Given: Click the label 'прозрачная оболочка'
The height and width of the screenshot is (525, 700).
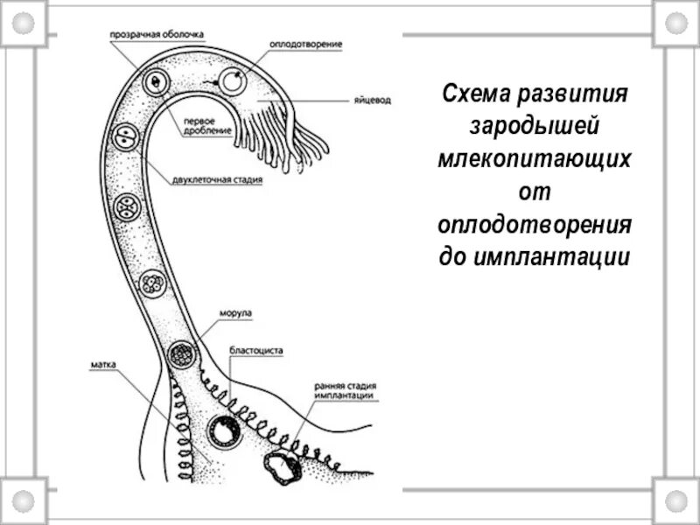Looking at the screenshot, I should [157, 35].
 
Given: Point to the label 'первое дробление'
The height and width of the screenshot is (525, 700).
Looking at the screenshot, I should [207, 125].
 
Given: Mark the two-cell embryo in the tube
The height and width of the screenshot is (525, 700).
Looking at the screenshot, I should [128, 137].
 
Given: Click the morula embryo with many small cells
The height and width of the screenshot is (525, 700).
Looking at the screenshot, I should [181, 354].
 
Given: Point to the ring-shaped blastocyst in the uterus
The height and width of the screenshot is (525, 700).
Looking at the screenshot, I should [223, 431].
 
